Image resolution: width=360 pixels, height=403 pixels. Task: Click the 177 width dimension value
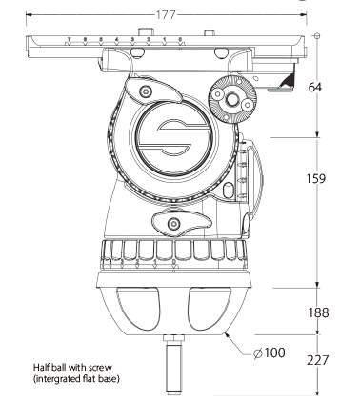coord(166,15)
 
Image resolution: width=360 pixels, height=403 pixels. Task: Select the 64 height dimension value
coord(315,87)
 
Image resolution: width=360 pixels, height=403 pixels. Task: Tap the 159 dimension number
coord(316,179)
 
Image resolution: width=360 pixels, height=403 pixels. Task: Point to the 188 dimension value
coord(318,312)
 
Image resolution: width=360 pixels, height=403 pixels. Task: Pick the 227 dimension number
coord(317,360)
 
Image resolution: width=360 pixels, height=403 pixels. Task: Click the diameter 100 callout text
coord(270,353)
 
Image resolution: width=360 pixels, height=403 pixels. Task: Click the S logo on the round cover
coord(174,137)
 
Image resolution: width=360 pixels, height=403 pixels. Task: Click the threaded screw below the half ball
coord(174,365)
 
